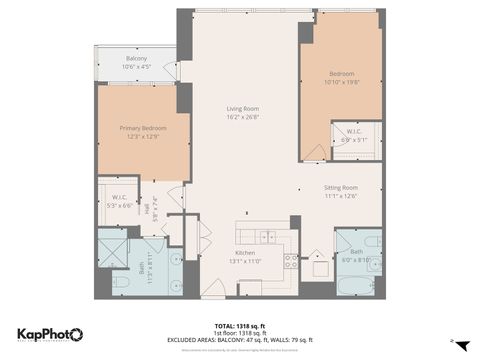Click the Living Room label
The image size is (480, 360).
pyautogui.click(x=243, y=112)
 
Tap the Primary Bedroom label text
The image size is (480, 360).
pyautogui.click(x=143, y=132)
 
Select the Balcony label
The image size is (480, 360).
pyautogui.click(x=136, y=62)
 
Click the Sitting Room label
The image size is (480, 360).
pyautogui.click(x=341, y=191)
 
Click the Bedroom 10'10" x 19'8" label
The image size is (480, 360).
pyautogui.click(x=342, y=79)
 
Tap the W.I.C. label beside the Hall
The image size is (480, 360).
pyautogui.click(x=118, y=200)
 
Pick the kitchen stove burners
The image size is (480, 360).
pyautogui.click(x=291, y=262)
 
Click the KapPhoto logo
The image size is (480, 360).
pyautogui.click(x=50, y=334)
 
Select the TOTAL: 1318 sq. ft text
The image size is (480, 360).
pyautogui.click(x=240, y=326)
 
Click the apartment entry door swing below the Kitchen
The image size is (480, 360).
pyautogui.click(x=214, y=288)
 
